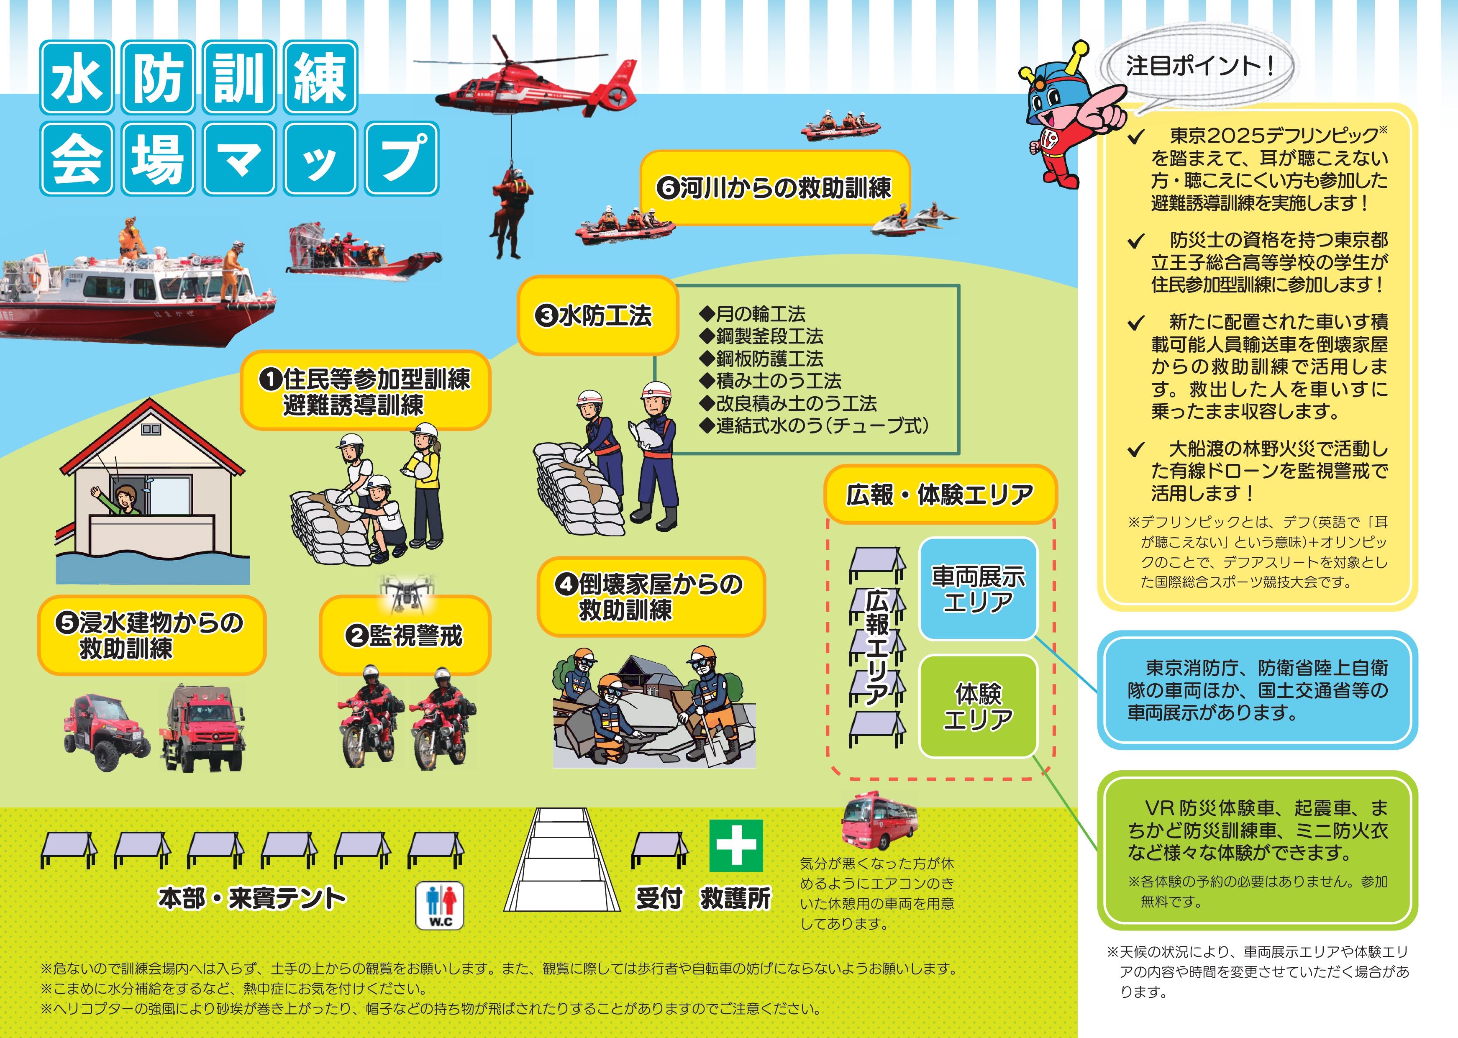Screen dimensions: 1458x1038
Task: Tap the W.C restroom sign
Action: pos(440,905)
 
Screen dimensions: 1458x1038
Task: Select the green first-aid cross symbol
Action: pos(736,846)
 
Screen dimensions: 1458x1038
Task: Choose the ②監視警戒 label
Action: pos(405,636)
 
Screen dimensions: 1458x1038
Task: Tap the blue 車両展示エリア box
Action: pos(977,589)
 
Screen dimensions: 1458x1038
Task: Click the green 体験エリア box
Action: pos(977,706)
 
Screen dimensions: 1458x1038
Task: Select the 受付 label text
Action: pos(659,898)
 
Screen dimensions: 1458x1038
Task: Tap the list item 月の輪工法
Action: pos(753,314)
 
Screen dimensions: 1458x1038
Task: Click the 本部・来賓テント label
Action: pos(252,898)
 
